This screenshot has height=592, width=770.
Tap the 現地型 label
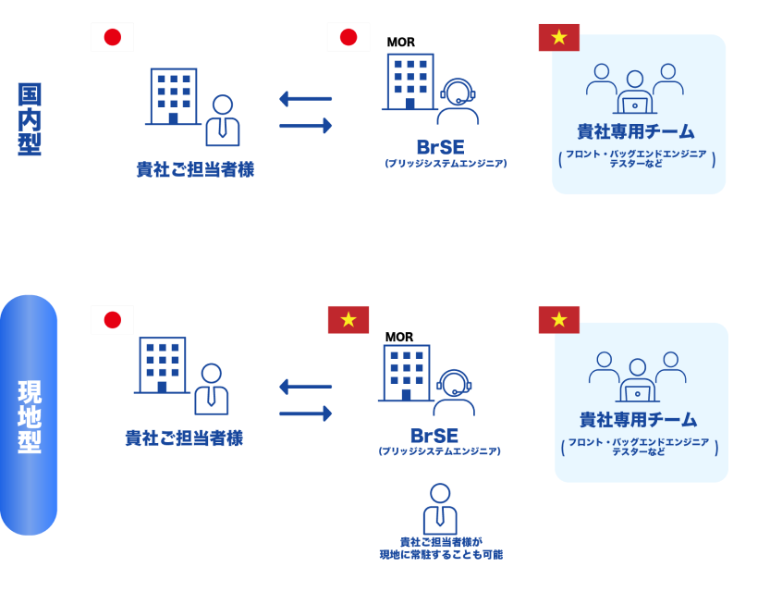point(30,416)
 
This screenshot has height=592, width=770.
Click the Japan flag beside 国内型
point(113,37)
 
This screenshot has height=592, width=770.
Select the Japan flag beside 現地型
point(113,320)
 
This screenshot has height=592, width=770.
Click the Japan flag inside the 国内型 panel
point(348,38)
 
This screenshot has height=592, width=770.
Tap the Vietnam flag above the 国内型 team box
point(558,38)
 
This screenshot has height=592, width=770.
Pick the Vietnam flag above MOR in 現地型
point(348,320)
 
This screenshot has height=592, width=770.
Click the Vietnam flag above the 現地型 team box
point(558,320)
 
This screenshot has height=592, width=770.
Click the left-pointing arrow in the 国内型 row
point(305,99)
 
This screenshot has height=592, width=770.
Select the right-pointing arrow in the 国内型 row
point(305,125)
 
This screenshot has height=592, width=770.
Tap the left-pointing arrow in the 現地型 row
point(305,387)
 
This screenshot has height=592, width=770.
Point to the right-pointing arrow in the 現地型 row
point(305,413)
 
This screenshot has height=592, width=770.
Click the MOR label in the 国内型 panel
point(400,43)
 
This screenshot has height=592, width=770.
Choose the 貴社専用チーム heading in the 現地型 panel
point(638,420)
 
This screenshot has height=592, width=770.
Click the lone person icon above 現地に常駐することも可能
point(440,509)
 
